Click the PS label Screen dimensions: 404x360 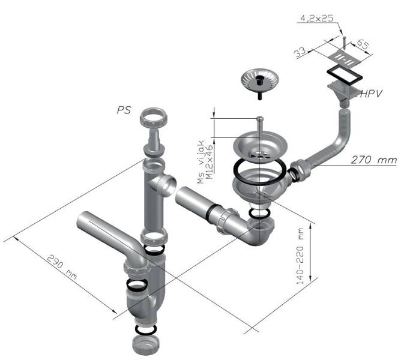pos(124,110)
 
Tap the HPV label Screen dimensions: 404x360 pos(371,94)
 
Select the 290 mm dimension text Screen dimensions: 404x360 pos(62,267)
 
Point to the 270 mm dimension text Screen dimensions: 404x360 pos(374,160)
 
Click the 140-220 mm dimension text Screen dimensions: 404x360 pos(300,256)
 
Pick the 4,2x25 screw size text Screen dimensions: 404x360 pos(317,18)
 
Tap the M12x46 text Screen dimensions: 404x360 pos(210,162)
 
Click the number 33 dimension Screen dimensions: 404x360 pos(300,53)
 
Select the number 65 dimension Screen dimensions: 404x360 pos(363,44)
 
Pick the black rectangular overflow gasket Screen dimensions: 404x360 pos(345,76)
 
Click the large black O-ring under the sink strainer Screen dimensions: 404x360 pos(260,170)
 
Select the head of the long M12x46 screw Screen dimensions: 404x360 pos(260,118)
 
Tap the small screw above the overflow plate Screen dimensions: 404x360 pos(345,43)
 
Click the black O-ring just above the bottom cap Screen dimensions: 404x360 pos(146,329)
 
